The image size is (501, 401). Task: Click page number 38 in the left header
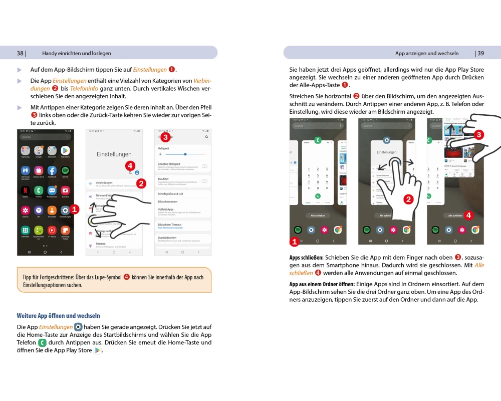[x=20, y=53]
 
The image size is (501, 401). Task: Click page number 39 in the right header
[x=480, y=53]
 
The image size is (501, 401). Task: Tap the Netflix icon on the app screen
[x=25, y=190]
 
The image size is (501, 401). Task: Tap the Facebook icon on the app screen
[x=52, y=170]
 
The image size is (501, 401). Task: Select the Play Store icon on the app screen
[x=65, y=150]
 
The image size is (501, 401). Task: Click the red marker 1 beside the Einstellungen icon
[x=74, y=209]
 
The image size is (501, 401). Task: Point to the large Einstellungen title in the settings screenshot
[x=114, y=154]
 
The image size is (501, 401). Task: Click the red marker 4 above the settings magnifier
[x=130, y=165]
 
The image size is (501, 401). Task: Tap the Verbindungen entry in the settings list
[x=104, y=182]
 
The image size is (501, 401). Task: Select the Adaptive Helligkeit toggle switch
[x=204, y=166]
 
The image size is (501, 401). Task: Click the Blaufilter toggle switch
[x=204, y=180]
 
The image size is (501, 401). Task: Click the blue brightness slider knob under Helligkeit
[x=185, y=154]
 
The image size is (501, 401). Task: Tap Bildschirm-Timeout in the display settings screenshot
[x=169, y=225]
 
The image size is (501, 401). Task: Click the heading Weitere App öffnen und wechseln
[x=58, y=316]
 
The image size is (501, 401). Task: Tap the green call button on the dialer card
[x=318, y=196]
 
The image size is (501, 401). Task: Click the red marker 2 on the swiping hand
[x=408, y=199]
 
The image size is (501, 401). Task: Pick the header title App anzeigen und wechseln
[x=427, y=53]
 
